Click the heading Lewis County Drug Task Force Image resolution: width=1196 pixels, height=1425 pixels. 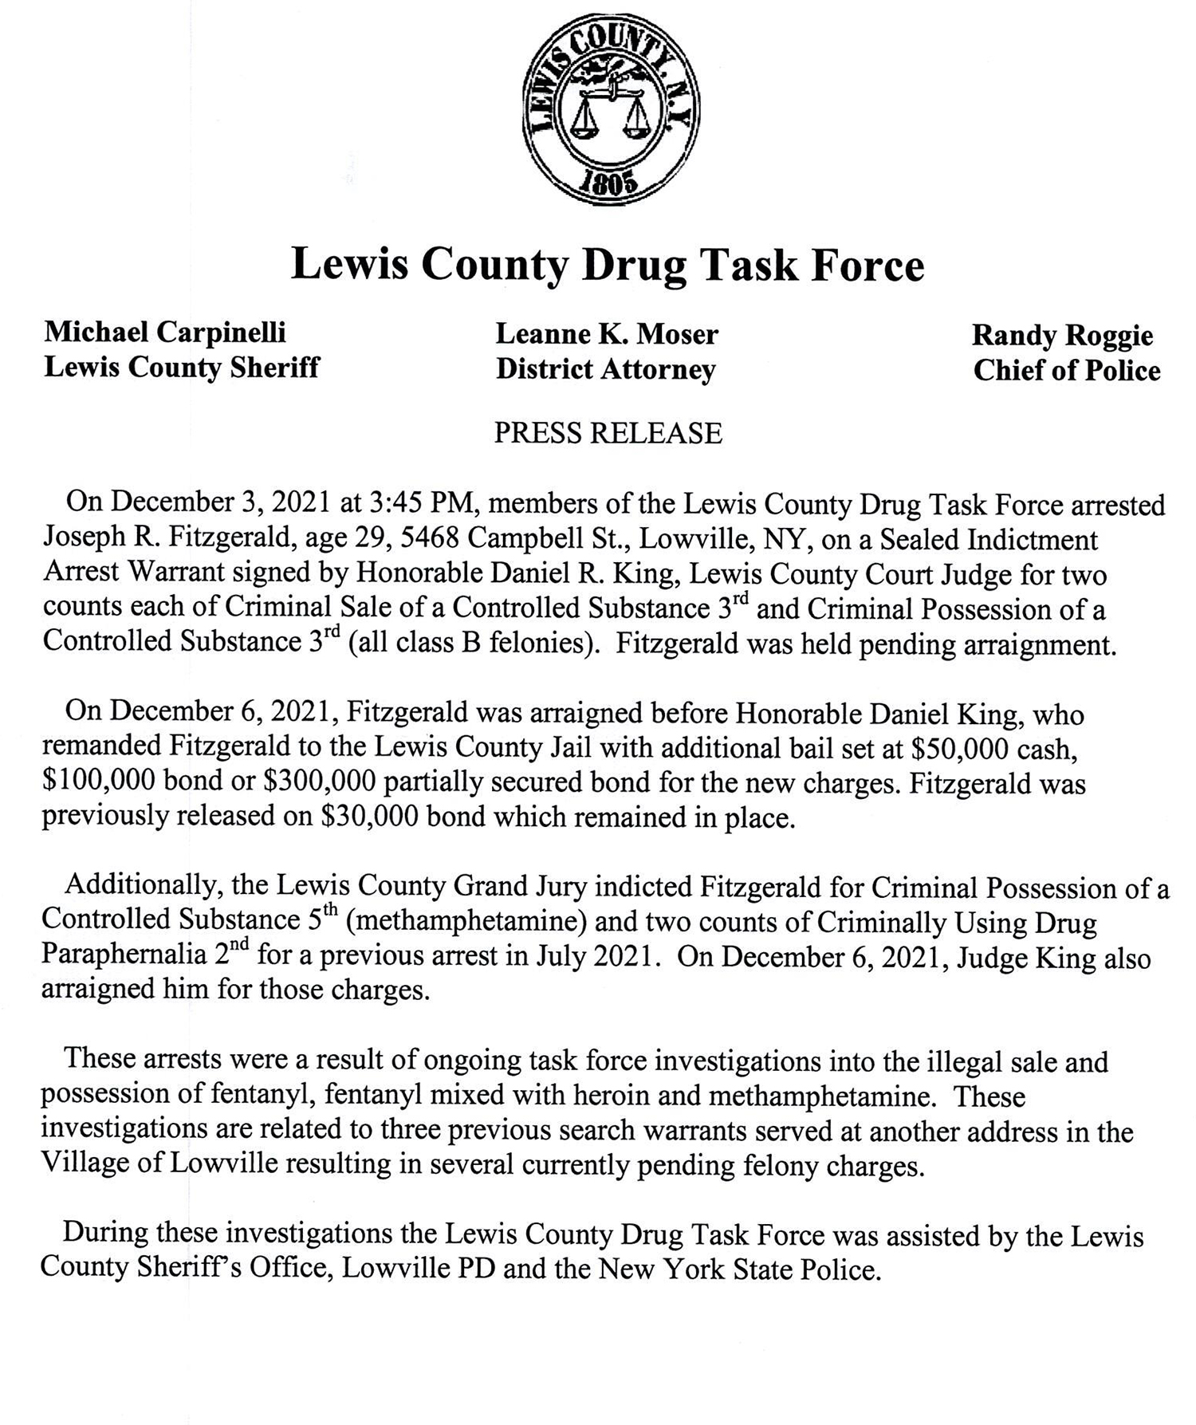click(x=608, y=265)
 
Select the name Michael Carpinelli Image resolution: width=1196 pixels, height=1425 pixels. click(x=165, y=332)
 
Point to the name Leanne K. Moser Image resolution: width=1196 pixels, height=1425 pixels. click(x=607, y=334)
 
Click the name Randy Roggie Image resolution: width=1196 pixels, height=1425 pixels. click(x=1062, y=335)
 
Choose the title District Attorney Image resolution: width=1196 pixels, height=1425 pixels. click(x=606, y=369)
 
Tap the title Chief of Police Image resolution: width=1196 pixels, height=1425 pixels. click(x=1067, y=370)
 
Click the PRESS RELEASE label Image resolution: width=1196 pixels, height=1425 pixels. click(x=608, y=433)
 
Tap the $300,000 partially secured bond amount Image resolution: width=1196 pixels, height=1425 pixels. click(x=318, y=783)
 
